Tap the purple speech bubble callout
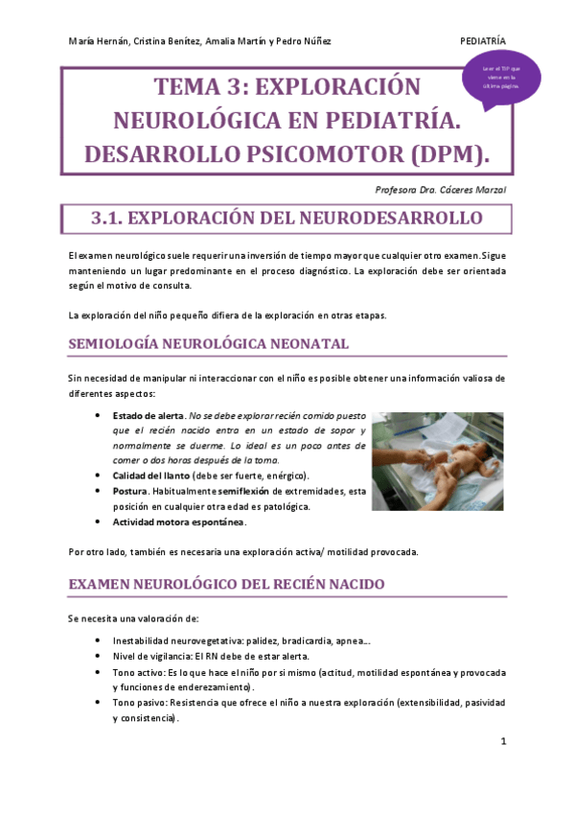pyautogui.click(x=501, y=79)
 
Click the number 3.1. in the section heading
pyautogui.click(x=107, y=219)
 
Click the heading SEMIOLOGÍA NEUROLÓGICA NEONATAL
pyautogui.click(x=209, y=343)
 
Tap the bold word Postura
pyautogui.click(x=131, y=491)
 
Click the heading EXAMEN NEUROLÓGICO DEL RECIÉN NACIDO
pyautogui.click(x=226, y=583)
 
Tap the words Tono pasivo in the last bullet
pyautogui.click(x=138, y=702)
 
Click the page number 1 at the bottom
pyautogui.click(x=503, y=742)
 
